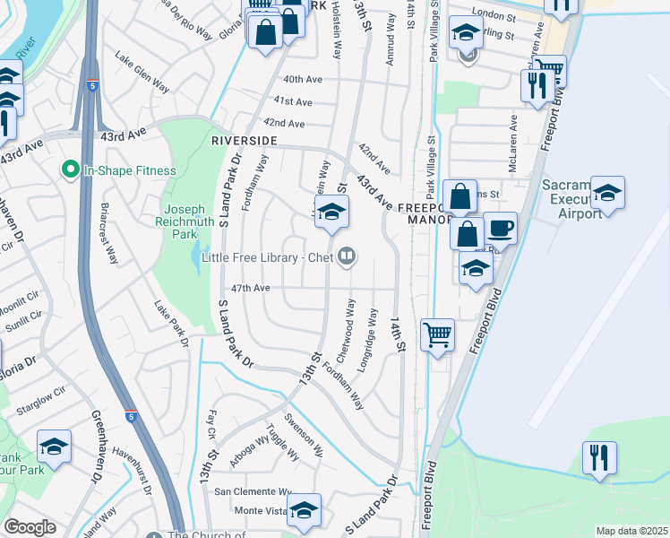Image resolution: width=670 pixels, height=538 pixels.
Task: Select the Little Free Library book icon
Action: pyautogui.click(x=347, y=258)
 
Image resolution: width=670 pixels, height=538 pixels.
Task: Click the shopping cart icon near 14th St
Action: pyautogui.click(x=437, y=335)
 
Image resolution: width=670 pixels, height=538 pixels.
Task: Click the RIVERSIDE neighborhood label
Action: pyautogui.click(x=244, y=142)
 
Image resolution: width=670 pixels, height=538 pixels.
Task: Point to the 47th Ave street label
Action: pyautogui.click(x=251, y=289)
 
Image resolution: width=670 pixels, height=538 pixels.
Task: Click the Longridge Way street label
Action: pyautogui.click(x=367, y=334)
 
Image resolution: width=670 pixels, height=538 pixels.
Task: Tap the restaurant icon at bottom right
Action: pyautogui.click(x=598, y=456)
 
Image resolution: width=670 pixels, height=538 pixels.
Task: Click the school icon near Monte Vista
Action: pyautogui.click(x=305, y=509)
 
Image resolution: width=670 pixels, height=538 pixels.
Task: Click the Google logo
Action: pyautogui.click(x=30, y=527)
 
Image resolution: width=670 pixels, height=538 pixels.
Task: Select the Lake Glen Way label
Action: pyautogui.click(x=142, y=72)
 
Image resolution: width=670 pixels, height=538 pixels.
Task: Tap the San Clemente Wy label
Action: pyautogui.click(x=252, y=491)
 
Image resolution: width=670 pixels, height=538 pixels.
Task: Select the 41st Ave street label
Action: pyautogui.click(x=293, y=102)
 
